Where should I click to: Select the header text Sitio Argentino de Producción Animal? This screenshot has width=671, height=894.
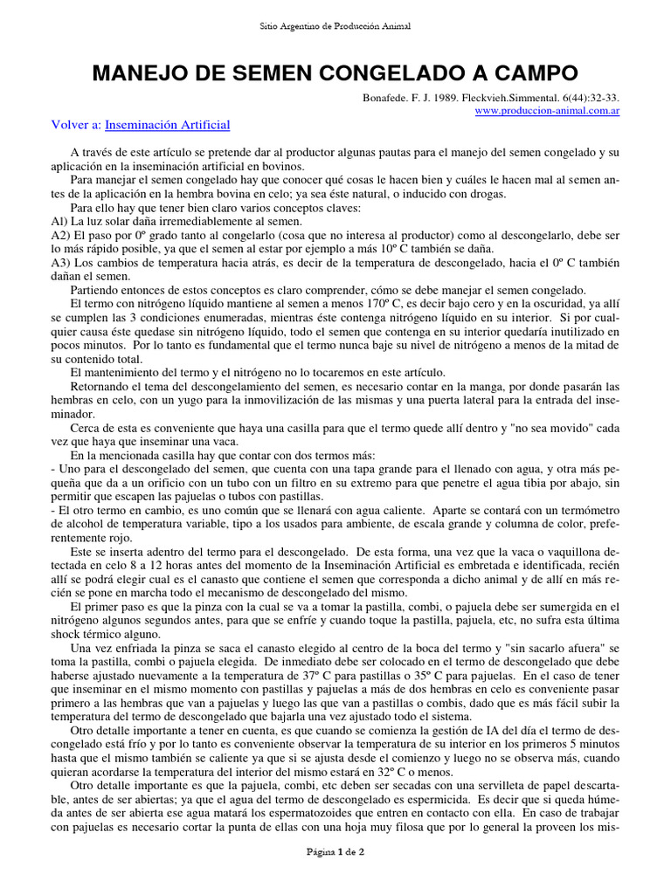click(x=335, y=27)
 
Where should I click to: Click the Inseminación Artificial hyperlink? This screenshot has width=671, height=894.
click(x=167, y=126)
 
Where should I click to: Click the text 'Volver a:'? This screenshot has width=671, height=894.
click(x=77, y=126)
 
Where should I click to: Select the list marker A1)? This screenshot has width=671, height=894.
click(x=61, y=223)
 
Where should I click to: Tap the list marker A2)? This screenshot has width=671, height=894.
click(x=61, y=236)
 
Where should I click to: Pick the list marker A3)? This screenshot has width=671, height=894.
click(x=61, y=263)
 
